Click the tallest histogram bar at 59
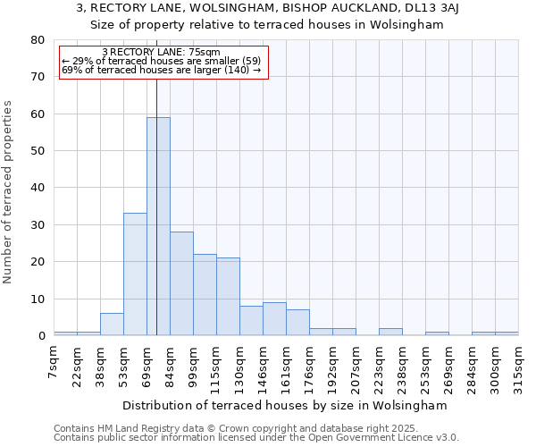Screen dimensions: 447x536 tap(158, 226)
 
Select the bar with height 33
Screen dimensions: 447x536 tap(135, 274)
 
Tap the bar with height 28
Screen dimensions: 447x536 tap(181, 283)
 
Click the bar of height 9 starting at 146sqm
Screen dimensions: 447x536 tap(274, 319)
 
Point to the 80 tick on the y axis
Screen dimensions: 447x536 tap(37, 40)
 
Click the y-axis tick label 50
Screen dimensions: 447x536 tap(37, 151)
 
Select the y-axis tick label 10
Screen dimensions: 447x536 tap(37, 299)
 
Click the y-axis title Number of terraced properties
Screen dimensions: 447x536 tap(9, 192)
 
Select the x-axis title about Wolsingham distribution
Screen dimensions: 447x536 tap(284, 405)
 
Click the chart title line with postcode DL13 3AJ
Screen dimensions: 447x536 tap(267, 8)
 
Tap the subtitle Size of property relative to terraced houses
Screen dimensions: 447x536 tap(267, 24)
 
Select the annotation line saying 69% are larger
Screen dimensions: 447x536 tap(161, 70)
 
